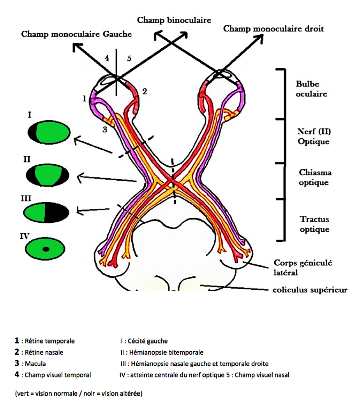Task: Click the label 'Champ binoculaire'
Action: pos(174,20)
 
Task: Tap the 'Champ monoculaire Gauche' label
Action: pos(76,34)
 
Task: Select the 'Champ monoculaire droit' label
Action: pos(274,29)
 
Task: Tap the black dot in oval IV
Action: pos(46,249)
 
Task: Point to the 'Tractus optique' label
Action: pos(314,224)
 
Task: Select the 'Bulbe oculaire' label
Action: pos(311,89)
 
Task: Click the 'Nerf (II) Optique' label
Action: pos(314,136)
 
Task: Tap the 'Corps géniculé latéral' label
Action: pos(303,268)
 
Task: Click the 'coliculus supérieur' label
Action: pos(310,290)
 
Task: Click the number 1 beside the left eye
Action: pos(84,99)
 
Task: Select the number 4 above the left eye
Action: pos(106,58)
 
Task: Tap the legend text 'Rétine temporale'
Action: pos(50,341)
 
